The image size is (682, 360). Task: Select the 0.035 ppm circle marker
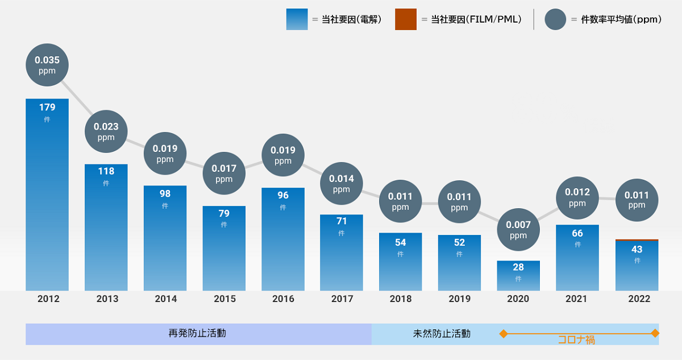[47, 65]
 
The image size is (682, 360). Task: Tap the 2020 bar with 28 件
[518, 276]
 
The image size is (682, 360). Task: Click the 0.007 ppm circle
[518, 229]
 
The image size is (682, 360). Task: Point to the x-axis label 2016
[283, 299]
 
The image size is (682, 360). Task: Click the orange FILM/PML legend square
[406, 19]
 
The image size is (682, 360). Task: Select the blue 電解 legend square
[297, 19]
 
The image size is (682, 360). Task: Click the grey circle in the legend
[555, 19]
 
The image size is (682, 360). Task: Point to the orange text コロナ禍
[576, 340]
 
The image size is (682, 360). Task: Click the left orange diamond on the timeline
[503, 333]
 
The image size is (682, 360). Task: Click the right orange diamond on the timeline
[655, 333]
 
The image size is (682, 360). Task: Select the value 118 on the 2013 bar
[106, 171]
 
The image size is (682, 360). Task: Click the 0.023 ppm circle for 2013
[106, 131]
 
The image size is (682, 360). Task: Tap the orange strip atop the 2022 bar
[637, 240]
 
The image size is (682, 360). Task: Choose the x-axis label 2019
[459, 299]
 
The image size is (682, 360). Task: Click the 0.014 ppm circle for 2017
[342, 183]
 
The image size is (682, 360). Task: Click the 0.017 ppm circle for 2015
[224, 173]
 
